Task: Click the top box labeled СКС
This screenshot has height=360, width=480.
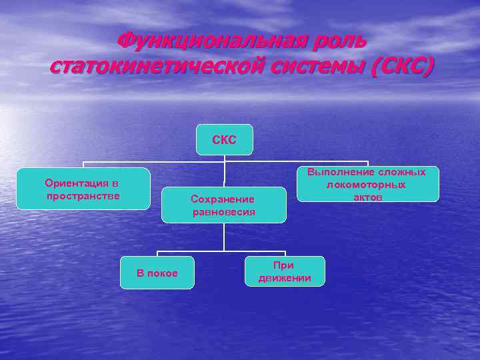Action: (x=225, y=140)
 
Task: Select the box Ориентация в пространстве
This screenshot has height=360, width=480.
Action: (x=83, y=189)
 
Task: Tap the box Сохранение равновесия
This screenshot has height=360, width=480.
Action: (x=223, y=205)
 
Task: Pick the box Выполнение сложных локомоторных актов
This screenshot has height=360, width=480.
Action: (x=367, y=184)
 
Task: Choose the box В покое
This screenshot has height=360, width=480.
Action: (x=157, y=273)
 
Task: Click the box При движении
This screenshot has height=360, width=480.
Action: (x=285, y=271)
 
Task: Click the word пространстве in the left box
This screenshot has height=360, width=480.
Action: (x=83, y=195)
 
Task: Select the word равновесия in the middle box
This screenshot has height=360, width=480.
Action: (x=224, y=212)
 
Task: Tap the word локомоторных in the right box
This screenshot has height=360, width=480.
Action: (x=367, y=185)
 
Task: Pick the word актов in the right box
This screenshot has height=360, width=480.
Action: (x=368, y=197)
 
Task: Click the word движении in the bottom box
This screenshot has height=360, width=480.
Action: (x=285, y=278)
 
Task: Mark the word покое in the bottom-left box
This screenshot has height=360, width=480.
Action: (x=163, y=273)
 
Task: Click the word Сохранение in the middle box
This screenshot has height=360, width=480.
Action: (x=223, y=199)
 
